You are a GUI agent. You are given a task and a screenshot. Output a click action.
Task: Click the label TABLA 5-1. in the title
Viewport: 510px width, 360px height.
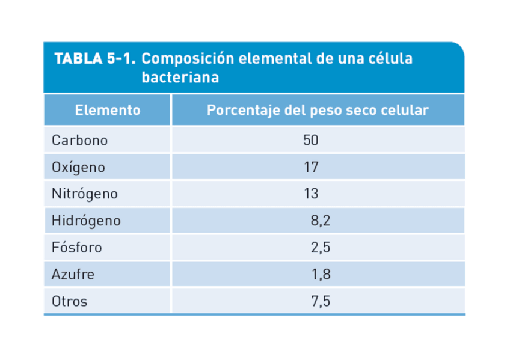pos(95,59)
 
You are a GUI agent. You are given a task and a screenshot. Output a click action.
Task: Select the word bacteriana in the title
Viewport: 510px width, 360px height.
pos(180,78)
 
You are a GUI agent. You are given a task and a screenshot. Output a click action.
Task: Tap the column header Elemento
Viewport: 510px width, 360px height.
pos(108,111)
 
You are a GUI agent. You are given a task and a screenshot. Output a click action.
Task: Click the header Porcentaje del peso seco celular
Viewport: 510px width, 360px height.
pos(318,111)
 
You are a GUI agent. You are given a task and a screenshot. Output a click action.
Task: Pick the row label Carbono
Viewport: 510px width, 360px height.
pos(79,141)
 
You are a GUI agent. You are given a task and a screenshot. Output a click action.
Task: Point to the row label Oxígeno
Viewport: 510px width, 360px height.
pos(78,167)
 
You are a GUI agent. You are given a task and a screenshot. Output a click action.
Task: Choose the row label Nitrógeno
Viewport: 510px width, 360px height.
pos(84,194)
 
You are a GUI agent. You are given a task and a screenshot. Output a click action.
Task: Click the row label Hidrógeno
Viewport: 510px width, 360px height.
pos(86,221)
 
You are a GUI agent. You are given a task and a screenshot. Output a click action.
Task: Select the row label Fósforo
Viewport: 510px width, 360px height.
pos(77,248)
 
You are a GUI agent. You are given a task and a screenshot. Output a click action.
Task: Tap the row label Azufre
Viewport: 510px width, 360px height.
pos(73,275)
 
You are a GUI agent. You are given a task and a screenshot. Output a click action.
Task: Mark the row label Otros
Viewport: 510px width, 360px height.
pos(69,301)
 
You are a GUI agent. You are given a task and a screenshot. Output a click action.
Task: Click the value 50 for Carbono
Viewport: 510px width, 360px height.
pos(310,141)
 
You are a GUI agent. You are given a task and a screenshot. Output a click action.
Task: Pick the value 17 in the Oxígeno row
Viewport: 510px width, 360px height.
pos(310,167)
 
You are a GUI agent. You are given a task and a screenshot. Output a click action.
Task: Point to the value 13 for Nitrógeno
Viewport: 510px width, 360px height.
pos(310,194)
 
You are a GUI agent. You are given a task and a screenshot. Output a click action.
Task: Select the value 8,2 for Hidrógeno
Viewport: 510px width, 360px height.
pos(321,221)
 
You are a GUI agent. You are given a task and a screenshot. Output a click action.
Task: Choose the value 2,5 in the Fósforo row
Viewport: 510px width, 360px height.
pos(321,248)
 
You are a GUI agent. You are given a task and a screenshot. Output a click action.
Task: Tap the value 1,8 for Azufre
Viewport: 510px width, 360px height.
pos(321,275)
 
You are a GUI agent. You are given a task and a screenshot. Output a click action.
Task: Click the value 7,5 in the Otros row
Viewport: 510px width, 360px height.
pos(321,301)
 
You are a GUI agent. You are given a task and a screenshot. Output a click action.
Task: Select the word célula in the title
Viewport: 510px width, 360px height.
pos(392,59)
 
